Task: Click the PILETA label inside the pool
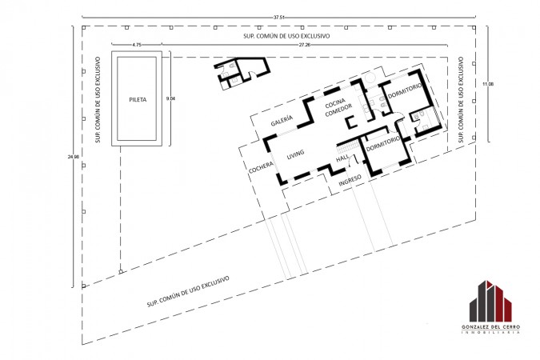point(138,99)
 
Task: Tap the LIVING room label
point(295,154)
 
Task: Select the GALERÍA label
point(282,120)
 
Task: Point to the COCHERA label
point(261,167)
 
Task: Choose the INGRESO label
point(350,181)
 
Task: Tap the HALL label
point(342,158)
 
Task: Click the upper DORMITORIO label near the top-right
point(405,90)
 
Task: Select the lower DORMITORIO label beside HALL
point(383,144)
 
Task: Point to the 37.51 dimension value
point(279,18)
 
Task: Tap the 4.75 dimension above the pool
point(137,45)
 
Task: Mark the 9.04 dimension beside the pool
point(170,98)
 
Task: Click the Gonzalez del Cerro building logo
point(490,301)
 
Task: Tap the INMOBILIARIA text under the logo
point(490,333)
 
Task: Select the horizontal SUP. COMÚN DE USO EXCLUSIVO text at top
point(286,36)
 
